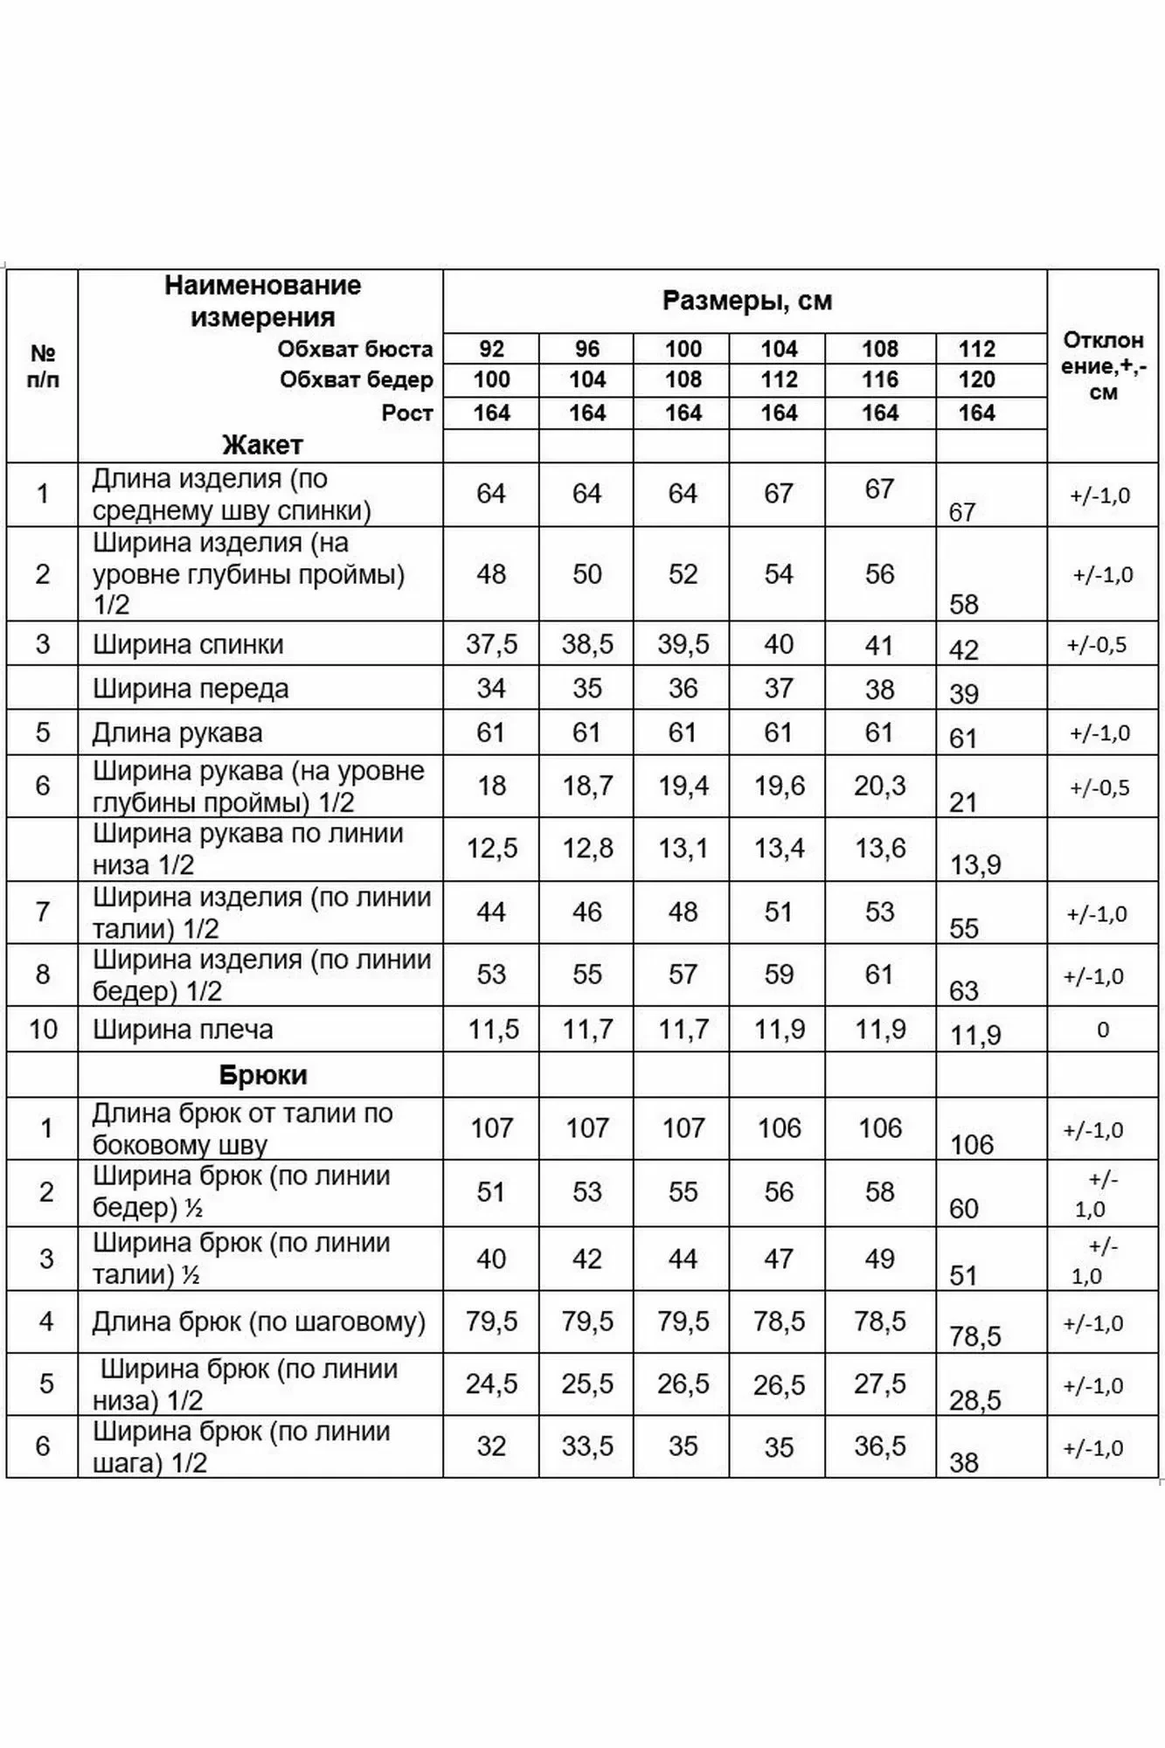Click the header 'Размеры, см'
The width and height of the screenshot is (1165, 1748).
coord(746,301)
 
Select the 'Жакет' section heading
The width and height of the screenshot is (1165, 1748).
coord(262,445)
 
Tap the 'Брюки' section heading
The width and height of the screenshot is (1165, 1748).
coord(262,1074)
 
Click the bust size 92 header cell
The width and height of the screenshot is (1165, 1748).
coord(491,349)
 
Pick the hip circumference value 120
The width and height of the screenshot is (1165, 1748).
coord(976,379)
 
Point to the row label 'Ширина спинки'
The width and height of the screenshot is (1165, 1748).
coord(188,644)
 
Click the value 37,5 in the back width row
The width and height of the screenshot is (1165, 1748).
coord(491,644)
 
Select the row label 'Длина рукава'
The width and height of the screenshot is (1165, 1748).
coord(177,732)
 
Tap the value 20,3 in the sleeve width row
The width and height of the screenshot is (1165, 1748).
coord(879,786)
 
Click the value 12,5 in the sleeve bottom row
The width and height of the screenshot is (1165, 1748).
coord(491,848)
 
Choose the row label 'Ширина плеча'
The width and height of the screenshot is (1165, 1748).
coord(183,1030)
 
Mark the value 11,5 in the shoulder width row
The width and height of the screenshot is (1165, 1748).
coord(493,1030)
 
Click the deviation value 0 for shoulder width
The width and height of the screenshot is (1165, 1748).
coord(1102,1030)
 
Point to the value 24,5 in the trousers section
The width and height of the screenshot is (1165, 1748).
coord(491,1384)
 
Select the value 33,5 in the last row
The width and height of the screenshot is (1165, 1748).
coord(587,1446)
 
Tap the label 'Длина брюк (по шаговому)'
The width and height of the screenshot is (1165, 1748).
coord(259,1321)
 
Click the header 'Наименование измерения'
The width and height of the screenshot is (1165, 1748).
coord(262,301)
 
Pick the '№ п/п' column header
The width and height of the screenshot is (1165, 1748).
coord(43,366)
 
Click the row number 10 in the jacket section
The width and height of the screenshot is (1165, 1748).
coord(43,1030)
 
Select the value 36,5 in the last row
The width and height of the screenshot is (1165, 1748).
coord(879,1446)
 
